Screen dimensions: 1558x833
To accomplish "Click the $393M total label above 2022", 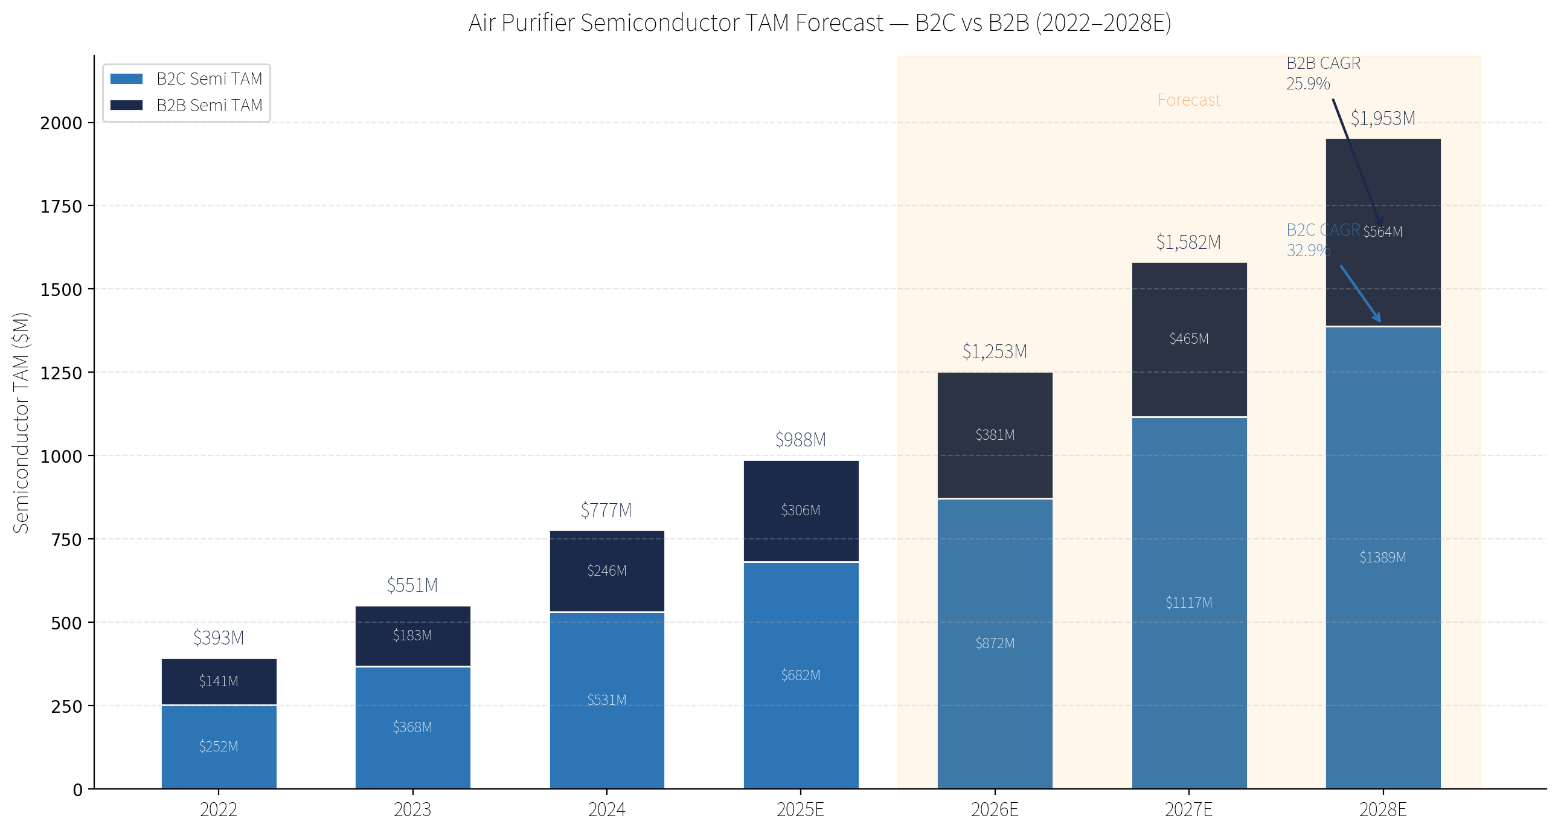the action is point(219,638).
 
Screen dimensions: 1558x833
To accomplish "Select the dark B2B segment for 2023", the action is point(412,636).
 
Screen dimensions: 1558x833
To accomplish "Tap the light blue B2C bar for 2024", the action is point(607,701).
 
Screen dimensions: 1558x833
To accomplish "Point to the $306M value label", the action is point(800,510).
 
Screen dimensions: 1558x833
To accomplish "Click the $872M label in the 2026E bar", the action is point(995,643).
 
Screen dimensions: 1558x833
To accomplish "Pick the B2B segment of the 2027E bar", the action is point(1189,339).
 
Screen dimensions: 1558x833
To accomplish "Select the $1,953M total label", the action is point(1383,118).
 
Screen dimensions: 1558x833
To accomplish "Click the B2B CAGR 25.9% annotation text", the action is point(1323,73).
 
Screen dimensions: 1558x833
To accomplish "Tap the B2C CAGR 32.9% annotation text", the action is point(1323,240).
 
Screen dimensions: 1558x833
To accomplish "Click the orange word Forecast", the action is point(1189,100).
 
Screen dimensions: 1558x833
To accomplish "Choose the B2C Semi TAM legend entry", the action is point(186,79).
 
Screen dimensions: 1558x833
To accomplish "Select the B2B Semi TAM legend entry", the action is point(186,105).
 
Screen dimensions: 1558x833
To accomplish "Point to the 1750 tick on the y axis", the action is point(60,206).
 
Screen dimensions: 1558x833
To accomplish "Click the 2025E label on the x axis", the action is point(800,809).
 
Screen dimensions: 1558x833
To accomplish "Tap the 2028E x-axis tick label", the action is point(1383,809).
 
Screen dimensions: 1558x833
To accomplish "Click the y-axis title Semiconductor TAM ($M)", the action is point(21,423).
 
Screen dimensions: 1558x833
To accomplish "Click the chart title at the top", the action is point(819,23).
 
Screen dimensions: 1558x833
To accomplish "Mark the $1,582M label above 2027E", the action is point(1188,243).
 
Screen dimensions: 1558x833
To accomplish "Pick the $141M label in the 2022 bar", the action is point(219,681).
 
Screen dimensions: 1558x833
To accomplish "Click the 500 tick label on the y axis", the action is point(66,623).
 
